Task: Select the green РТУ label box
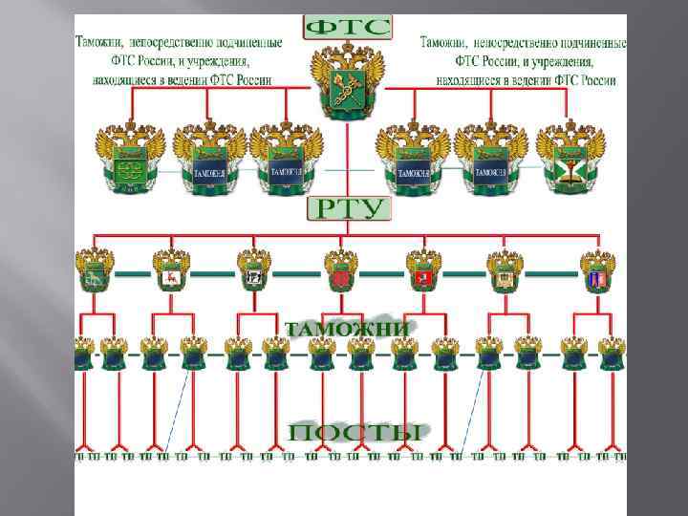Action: click(x=348, y=208)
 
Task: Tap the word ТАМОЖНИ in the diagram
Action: click(x=348, y=328)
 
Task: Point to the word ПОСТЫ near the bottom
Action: click(x=354, y=432)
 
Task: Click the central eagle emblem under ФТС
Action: click(x=347, y=84)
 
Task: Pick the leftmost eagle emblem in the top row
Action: click(x=129, y=158)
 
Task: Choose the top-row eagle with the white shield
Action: click(x=570, y=158)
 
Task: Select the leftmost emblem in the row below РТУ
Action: click(x=96, y=270)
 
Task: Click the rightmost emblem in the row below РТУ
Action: click(x=598, y=270)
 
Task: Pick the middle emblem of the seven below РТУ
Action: click(x=341, y=270)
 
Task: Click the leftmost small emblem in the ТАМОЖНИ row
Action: click(x=84, y=355)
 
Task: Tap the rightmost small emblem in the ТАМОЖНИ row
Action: click(x=612, y=355)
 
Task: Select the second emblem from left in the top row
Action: click(x=209, y=158)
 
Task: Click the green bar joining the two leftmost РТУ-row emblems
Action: click(x=133, y=273)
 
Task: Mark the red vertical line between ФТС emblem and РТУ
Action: click(x=347, y=158)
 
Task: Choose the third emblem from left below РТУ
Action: click(x=254, y=270)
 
